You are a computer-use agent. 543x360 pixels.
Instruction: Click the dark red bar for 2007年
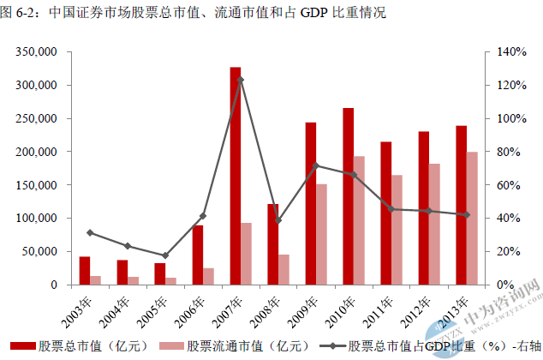[x=236, y=176]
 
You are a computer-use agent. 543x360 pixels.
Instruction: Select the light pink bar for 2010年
[x=360, y=220]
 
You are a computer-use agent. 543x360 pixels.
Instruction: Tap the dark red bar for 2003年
[x=85, y=270]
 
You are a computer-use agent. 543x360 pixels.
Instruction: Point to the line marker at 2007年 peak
[x=241, y=80]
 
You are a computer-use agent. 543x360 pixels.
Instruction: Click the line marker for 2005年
[x=165, y=255]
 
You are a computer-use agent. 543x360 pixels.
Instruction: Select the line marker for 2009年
[x=316, y=165]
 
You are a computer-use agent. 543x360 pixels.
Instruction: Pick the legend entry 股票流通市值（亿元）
[x=235, y=346]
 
